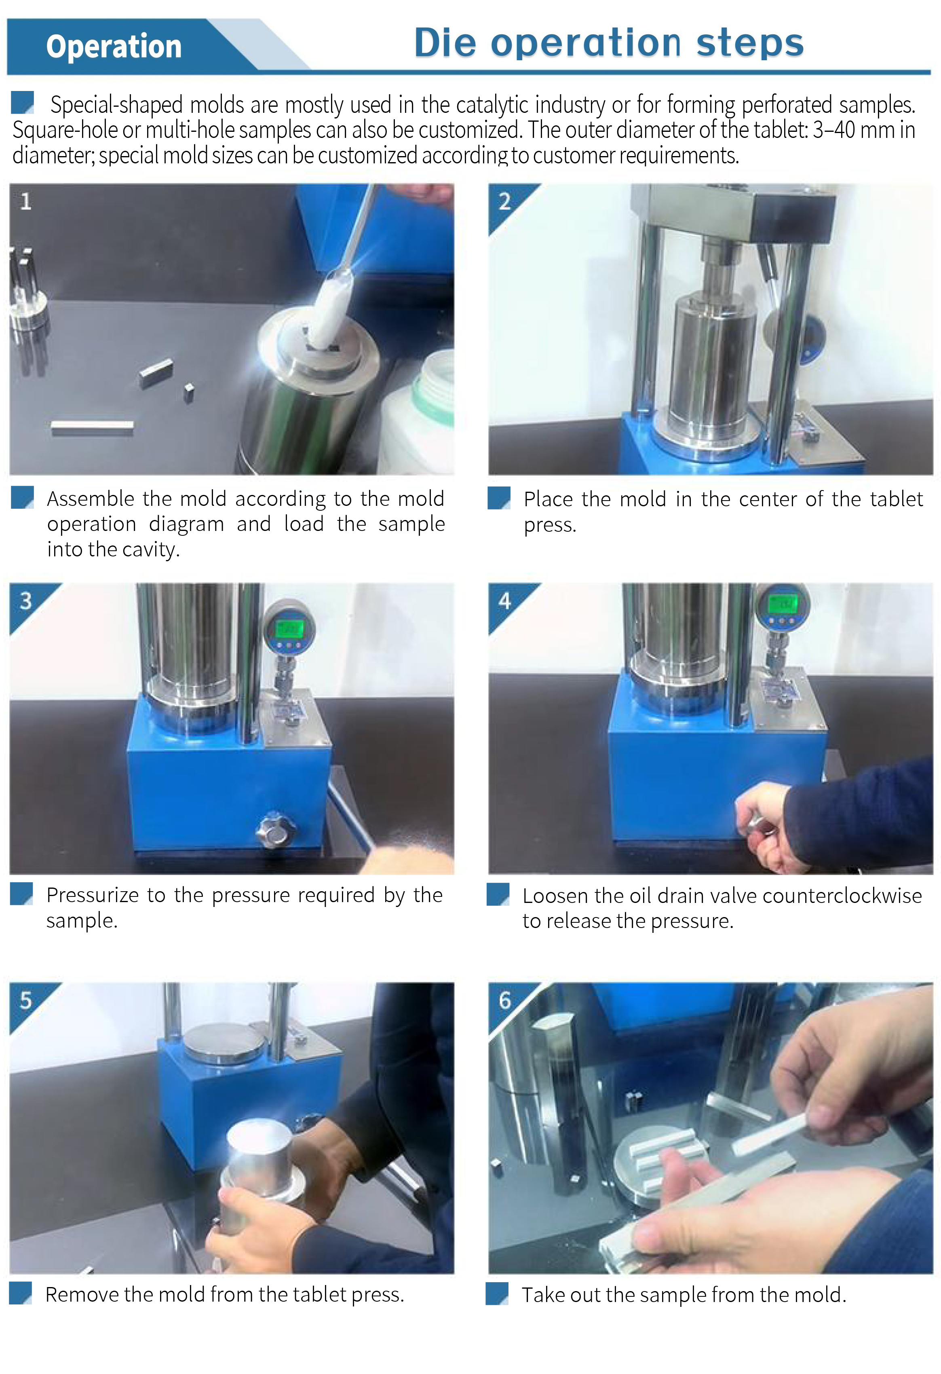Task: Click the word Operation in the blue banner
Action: (114, 47)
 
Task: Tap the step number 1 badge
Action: (25, 202)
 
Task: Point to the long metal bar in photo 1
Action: (92, 427)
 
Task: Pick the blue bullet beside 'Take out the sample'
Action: (497, 1294)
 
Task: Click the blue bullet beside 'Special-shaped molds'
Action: (23, 101)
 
